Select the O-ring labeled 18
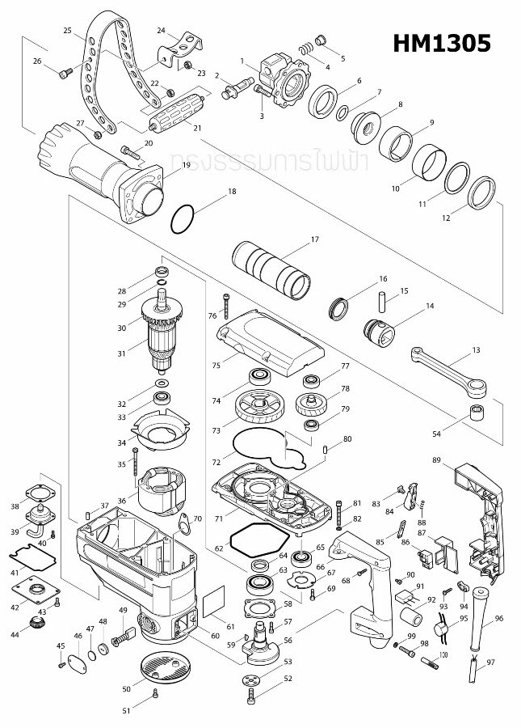tap(184, 218)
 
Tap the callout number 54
tap(437, 434)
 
